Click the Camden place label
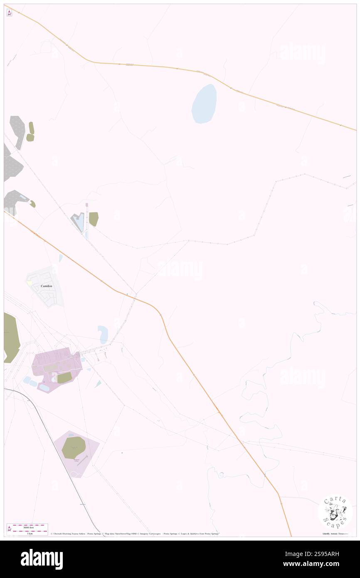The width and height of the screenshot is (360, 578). (x=46, y=287)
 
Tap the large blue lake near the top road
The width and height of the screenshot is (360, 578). (x=204, y=104)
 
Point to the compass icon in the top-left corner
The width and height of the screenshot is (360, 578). (x=9, y=13)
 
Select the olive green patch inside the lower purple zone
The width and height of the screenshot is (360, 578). (x=74, y=447)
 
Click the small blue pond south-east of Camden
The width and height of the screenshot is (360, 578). (x=103, y=334)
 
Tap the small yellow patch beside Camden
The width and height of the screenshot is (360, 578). (x=30, y=283)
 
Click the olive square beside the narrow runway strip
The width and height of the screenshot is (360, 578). (x=94, y=219)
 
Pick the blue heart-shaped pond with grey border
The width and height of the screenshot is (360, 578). (x=79, y=222)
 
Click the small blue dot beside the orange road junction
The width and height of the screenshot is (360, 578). (x=127, y=294)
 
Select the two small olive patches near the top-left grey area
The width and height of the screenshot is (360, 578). (x=30, y=132)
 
